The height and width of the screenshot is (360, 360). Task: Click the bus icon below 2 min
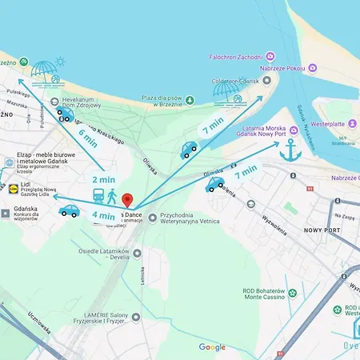tap(97, 196)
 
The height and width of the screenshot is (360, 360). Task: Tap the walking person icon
tap(112, 196)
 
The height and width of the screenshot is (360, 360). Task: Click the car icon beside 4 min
tap(69, 211)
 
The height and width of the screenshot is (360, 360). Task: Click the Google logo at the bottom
tap(212, 347)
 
